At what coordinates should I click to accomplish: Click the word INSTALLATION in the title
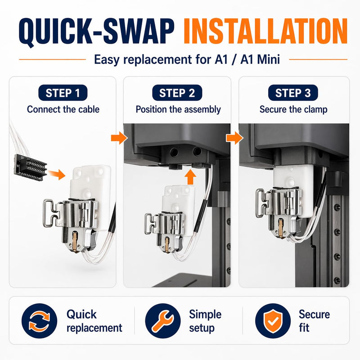265,31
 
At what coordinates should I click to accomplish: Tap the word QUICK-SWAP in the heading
96,32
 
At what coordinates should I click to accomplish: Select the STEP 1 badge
63,93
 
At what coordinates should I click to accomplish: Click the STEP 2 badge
177,93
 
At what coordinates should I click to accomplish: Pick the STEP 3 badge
293,93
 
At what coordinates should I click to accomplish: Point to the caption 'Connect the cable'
63,109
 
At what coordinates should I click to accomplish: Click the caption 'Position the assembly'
178,109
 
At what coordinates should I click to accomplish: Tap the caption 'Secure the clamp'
293,109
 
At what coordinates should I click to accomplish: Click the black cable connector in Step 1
30,167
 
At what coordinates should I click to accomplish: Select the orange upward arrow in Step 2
190,177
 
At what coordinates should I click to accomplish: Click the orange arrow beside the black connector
58,175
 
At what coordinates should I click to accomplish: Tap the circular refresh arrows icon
39,321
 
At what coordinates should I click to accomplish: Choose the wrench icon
163,321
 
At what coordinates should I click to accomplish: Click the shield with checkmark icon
273,321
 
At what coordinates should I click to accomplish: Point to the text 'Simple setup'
205,321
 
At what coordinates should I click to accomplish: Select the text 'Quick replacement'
94,321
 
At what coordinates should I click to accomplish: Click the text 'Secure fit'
314,321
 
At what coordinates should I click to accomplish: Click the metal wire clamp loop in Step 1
49,213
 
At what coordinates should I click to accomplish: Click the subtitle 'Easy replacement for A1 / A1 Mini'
187,60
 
